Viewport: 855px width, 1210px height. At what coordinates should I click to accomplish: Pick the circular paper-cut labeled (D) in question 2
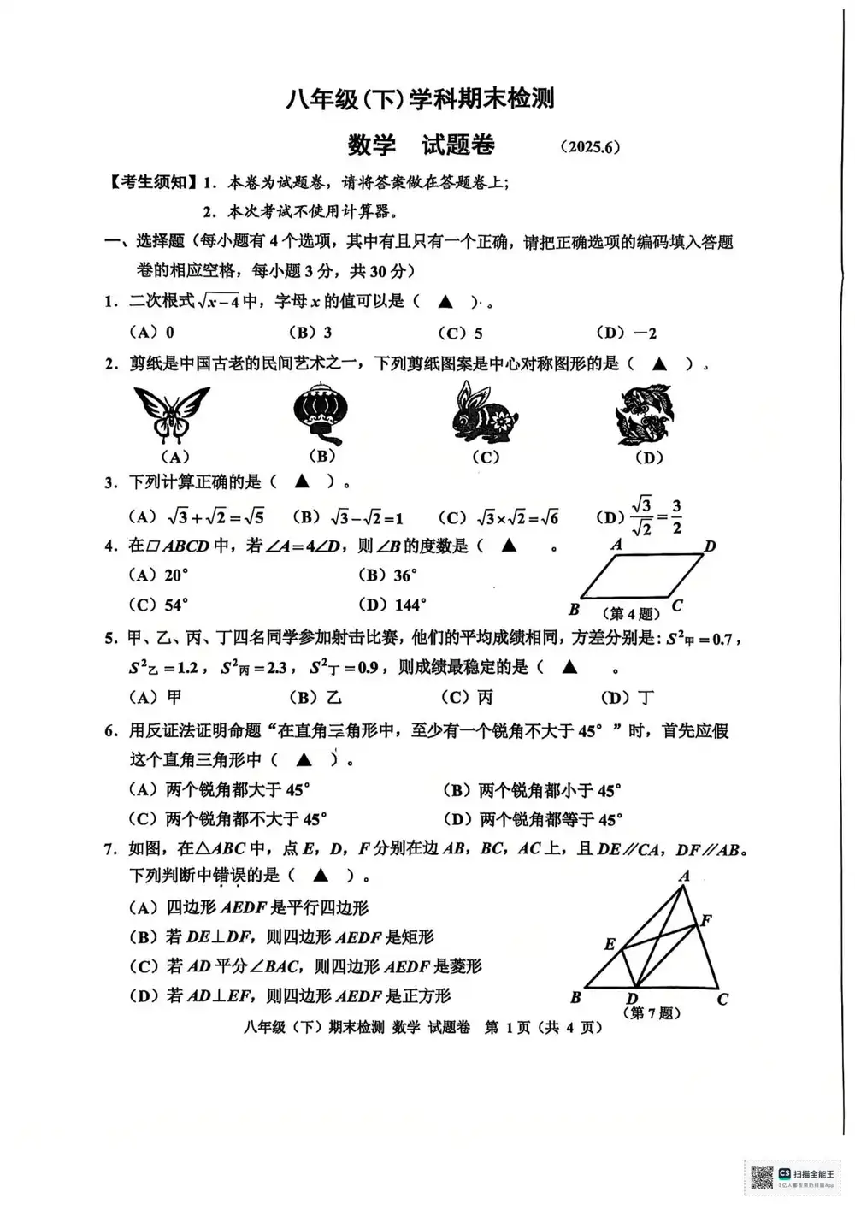click(645, 415)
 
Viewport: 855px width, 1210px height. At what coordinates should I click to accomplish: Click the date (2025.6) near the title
click(590, 147)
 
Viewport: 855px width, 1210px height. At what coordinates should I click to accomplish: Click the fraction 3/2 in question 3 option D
click(676, 517)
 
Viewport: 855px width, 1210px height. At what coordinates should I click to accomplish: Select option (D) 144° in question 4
click(392, 605)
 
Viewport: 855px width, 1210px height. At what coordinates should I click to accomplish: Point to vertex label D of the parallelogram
click(710, 546)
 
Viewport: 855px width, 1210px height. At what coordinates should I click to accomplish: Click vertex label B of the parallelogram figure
click(575, 610)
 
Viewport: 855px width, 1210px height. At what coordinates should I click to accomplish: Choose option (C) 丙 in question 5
click(467, 698)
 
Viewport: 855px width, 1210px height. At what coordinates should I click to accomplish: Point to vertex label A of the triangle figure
click(684, 877)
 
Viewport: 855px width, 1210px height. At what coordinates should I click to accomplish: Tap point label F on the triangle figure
click(706, 921)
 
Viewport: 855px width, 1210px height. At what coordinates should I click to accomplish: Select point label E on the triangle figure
click(610, 944)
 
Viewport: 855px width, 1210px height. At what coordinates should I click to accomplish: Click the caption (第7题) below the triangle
click(655, 1013)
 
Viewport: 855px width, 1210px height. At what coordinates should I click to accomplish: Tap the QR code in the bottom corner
click(761, 1178)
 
